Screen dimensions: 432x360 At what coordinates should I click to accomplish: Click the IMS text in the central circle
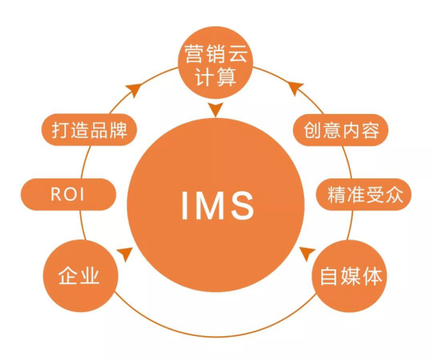tap(217, 206)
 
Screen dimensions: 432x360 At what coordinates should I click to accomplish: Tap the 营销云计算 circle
tap(216, 62)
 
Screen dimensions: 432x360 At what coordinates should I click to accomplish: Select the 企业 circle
tap(80, 276)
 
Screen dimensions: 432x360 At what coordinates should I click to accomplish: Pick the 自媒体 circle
tap(349, 277)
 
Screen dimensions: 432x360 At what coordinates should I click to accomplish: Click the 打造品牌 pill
tap(89, 130)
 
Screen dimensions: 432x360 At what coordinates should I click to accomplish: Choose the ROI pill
tap(69, 195)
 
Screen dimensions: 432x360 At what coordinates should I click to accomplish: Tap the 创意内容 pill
tap(340, 130)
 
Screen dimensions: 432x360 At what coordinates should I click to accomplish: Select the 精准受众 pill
tap(363, 195)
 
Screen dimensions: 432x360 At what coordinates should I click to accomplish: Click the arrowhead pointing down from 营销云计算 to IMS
tap(216, 110)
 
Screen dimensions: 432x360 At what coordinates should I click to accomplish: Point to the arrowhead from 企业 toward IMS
tap(126, 253)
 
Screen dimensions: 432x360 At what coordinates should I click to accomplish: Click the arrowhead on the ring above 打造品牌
tap(135, 89)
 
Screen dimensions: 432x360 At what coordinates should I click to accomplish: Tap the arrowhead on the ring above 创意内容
tap(296, 88)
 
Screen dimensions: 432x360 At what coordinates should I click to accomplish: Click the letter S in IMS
tap(242, 206)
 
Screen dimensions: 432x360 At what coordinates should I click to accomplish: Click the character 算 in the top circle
tap(226, 77)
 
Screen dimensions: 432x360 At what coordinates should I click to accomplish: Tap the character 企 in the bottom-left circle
tap(69, 275)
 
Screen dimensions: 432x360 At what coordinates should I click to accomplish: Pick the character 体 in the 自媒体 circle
tap(373, 277)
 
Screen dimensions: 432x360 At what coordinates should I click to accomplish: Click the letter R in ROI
tap(56, 195)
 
